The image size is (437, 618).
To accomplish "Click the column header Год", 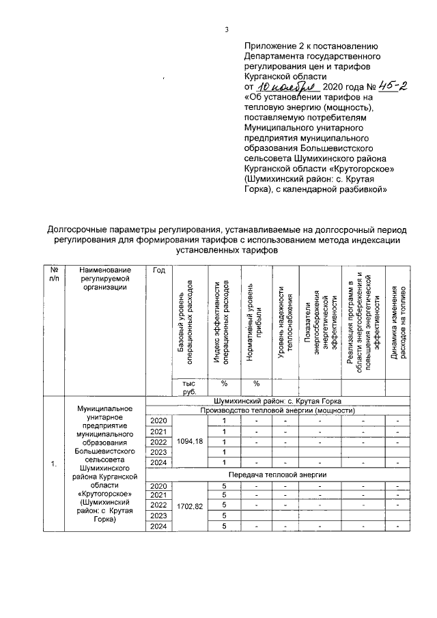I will click(x=159, y=271).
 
